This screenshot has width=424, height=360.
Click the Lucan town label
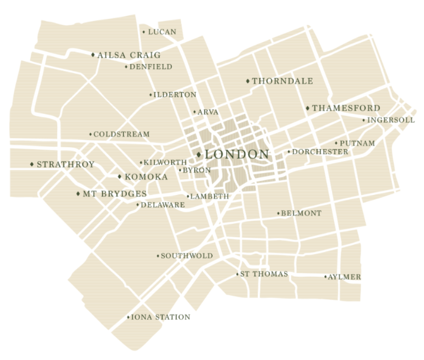click(x=162, y=32)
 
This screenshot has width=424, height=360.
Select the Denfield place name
click(x=151, y=67)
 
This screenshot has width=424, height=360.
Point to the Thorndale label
click(x=282, y=82)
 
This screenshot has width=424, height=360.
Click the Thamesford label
click(x=346, y=109)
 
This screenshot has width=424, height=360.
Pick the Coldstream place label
click(x=121, y=134)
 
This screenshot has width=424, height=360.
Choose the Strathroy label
click(x=66, y=165)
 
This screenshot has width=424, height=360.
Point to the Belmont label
click(x=302, y=213)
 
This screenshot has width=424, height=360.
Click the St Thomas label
click(x=264, y=274)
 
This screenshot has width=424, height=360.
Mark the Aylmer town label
click(x=344, y=277)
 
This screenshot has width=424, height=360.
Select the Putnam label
click(x=357, y=143)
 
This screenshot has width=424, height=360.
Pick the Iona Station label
click(x=159, y=318)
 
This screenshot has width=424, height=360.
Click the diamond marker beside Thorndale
click(x=248, y=81)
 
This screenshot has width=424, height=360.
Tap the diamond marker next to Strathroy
click(x=32, y=164)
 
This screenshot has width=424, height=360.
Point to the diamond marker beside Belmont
click(x=279, y=213)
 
